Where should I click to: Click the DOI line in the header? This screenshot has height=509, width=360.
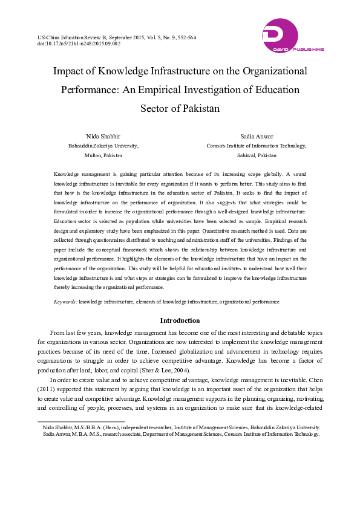pos(79,44)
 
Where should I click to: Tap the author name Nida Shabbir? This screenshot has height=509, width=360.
pos(103,137)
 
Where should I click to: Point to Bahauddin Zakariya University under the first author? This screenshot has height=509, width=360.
pos(103,146)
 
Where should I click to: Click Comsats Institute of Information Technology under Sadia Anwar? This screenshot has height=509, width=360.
pos(256,146)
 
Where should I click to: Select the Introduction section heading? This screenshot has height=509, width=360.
pos(180,320)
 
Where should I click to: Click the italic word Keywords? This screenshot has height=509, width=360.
pos(65,300)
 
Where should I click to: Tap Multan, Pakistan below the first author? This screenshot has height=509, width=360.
pos(103,155)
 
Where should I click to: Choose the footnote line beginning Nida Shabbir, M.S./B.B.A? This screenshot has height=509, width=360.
pos(182,427)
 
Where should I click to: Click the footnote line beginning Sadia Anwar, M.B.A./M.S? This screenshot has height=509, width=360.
pos(181,434)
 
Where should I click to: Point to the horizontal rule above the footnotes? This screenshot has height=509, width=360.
pos(81,421)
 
